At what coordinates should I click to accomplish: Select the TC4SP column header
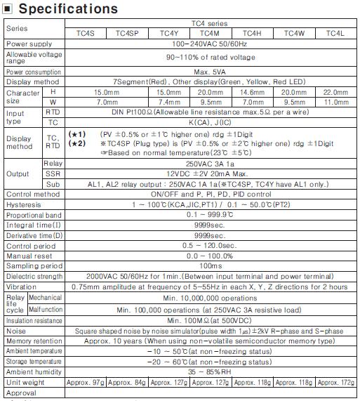(x=127, y=33)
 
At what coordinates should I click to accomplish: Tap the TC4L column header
(x=334, y=33)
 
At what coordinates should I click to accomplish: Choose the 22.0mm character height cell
(x=334, y=92)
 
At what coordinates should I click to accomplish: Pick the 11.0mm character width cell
(x=334, y=101)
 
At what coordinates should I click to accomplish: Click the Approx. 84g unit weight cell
(x=126, y=383)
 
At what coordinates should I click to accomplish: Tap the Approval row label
(x=22, y=394)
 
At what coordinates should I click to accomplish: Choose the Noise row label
(x=18, y=329)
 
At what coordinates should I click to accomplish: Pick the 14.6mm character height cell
(x=251, y=92)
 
